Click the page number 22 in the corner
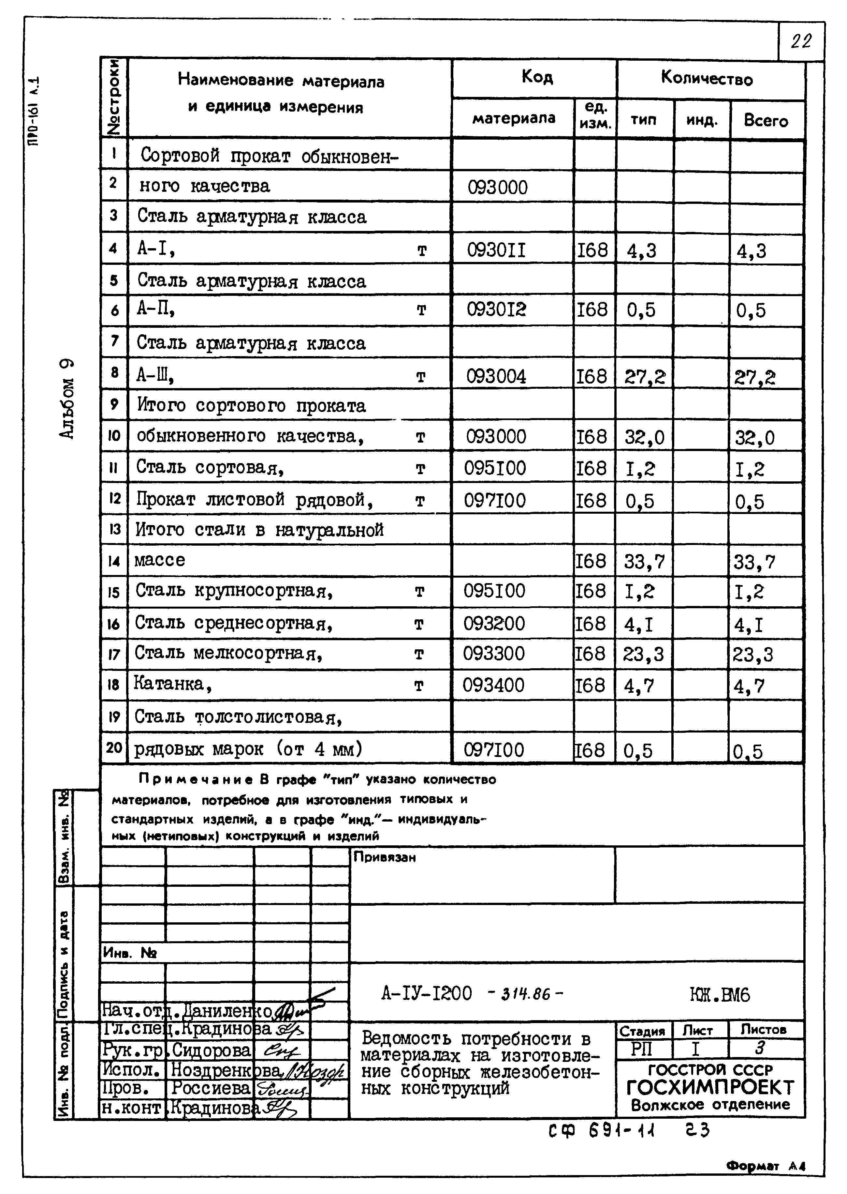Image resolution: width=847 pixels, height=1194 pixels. [x=801, y=41]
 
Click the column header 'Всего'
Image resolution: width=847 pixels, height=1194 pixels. [x=766, y=121]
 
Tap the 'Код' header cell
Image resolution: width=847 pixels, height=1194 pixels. [x=537, y=78]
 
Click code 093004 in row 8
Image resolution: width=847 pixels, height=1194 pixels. [x=496, y=376]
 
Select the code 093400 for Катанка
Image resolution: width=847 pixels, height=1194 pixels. [x=493, y=685]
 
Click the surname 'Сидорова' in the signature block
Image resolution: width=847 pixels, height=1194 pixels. [x=211, y=1050]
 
